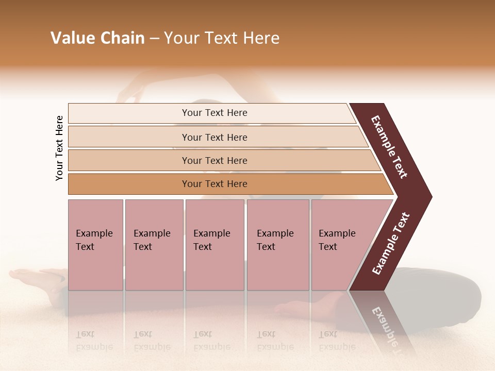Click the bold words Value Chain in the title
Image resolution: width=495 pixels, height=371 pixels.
(97, 38)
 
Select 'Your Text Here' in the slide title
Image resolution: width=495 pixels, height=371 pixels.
(221, 38)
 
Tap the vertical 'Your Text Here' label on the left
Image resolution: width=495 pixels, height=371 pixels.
(59, 148)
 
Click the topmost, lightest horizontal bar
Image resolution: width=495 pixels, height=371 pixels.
(214, 113)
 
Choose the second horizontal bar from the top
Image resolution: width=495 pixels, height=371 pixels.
(214, 137)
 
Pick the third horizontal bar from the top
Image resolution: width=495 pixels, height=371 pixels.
(214, 160)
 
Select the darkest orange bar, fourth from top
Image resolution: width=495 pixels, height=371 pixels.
(214, 184)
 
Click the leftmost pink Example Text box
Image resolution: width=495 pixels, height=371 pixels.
(95, 245)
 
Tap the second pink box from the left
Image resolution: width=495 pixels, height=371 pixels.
(154, 245)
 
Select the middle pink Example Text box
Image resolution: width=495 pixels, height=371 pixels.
(214, 245)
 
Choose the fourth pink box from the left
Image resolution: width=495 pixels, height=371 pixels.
(278, 245)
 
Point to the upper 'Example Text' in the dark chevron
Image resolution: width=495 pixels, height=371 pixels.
(389, 147)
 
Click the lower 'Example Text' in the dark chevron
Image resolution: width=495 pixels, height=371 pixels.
(390, 244)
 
